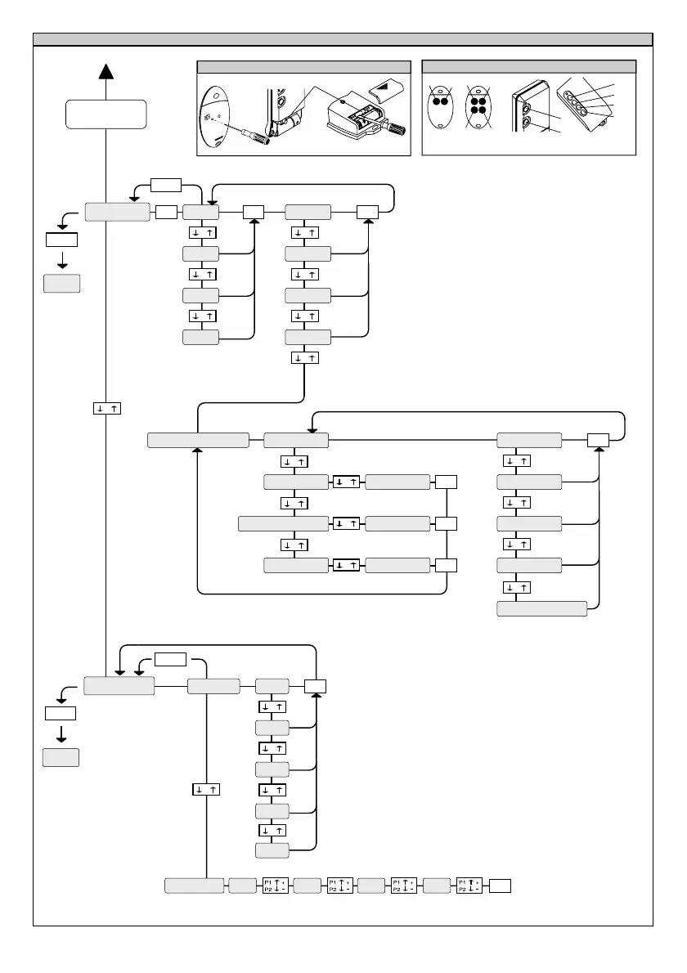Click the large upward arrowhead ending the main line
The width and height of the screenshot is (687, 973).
click(106, 74)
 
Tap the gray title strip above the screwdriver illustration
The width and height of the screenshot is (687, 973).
click(303, 67)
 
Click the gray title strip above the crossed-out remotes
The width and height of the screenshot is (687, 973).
click(528, 67)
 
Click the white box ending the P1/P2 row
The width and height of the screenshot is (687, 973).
click(500, 886)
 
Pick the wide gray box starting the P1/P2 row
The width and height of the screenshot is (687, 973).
click(195, 886)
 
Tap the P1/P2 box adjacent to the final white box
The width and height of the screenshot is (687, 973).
click(469, 886)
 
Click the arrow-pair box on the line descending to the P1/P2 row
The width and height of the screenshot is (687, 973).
click(206, 789)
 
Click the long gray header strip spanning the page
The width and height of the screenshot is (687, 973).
click(343, 39)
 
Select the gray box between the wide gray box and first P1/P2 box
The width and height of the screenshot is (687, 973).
click(242, 886)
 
